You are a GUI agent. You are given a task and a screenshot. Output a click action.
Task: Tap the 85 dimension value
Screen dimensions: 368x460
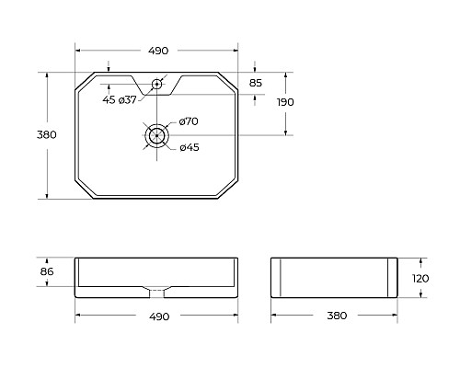256,84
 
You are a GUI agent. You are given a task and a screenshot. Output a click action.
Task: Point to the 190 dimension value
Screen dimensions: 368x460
285,102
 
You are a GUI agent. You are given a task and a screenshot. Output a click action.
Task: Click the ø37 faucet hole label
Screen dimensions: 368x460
127,99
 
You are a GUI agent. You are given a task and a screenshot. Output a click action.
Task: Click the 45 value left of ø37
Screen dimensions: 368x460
109,99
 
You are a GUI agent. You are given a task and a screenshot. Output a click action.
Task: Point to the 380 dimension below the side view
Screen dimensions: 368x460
337,316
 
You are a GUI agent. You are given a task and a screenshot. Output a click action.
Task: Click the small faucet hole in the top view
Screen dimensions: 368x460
157,85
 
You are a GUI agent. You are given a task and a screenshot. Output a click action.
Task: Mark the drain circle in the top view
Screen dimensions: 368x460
157,135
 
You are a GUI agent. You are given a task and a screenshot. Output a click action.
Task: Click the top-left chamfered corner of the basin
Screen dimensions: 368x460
83,81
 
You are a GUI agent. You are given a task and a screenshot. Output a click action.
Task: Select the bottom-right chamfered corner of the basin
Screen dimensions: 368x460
230,190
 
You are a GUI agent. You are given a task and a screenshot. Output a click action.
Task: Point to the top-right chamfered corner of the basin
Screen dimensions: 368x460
230,81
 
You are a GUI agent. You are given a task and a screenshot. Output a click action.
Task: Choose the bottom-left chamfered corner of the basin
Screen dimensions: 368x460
83,190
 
